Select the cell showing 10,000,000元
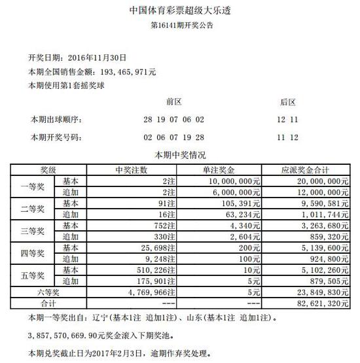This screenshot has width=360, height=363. pyautogui.click(x=233, y=181)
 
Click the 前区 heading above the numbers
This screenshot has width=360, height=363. pyautogui.click(x=174, y=102)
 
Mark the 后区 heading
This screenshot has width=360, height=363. pyautogui.click(x=289, y=102)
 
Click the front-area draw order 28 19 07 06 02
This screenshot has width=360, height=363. pyautogui.click(x=173, y=119)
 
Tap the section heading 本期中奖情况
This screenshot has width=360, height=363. pyautogui.click(x=179, y=156)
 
